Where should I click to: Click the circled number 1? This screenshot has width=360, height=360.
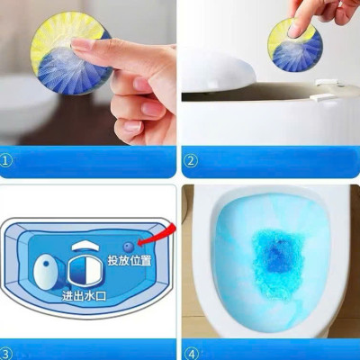[8, 162]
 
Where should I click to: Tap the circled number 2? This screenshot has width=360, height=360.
[191, 162]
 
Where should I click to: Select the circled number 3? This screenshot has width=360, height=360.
[8, 353]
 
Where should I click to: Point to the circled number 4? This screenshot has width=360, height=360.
[191, 353]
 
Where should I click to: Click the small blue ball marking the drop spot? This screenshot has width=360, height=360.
[127, 245]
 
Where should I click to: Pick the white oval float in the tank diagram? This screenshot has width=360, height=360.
[45, 268]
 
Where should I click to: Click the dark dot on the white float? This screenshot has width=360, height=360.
[40, 268]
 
